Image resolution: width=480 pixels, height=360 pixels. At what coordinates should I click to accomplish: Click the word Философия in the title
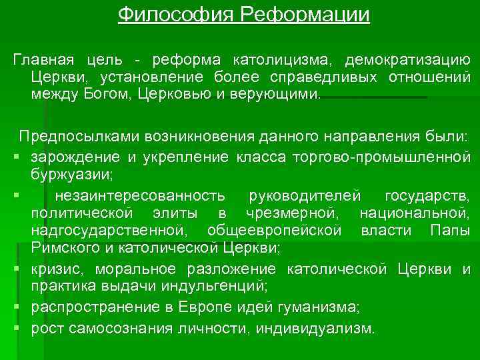[x=167, y=14]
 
